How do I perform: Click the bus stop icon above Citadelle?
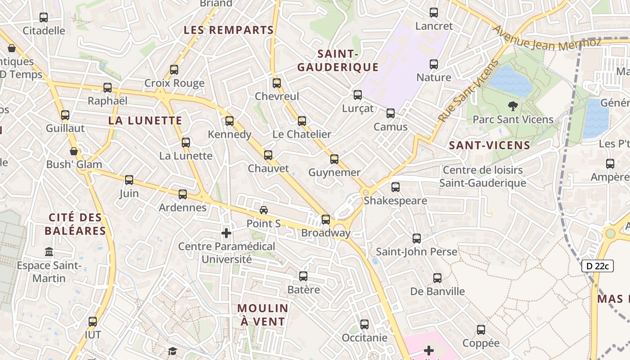tap(44, 18)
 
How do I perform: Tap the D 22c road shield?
tap(598, 266)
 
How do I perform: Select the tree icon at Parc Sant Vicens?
tap(512, 107)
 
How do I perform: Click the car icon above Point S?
tap(264, 210)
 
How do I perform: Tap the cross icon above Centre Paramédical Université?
tap(226, 233)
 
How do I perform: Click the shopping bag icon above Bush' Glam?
tap(74, 151)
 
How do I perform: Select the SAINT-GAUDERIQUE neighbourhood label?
tap(337, 61)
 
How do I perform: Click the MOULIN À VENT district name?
tap(263, 315)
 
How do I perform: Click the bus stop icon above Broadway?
tap(325, 220)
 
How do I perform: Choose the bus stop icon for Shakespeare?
tap(396, 187)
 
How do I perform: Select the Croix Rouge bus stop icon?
tap(174, 70)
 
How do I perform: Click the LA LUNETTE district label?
tap(145, 121)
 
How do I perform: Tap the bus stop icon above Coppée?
tap(481, 330)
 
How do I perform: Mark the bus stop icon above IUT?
tap(93, 322)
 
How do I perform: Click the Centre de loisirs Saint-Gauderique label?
tap(482, 176)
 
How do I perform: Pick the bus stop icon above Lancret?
tap(434, 13)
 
